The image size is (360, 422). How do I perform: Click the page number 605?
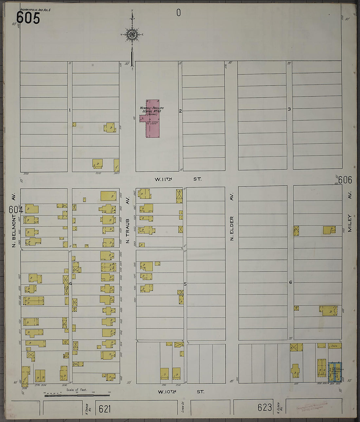click(28, 18)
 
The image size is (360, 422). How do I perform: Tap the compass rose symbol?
click(132, 34)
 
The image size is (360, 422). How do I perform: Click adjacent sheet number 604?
click(16, 210)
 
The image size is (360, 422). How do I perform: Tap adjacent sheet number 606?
click(345, 180)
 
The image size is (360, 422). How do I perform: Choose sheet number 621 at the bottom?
click(105, 409)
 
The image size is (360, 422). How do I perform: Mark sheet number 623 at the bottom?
click(264, 407)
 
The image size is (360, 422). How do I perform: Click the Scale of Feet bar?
click(77, 395)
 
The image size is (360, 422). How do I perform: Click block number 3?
click(289, 109)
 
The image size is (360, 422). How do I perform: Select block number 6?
click(290, 282)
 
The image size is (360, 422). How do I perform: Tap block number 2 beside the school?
click(180, 111)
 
